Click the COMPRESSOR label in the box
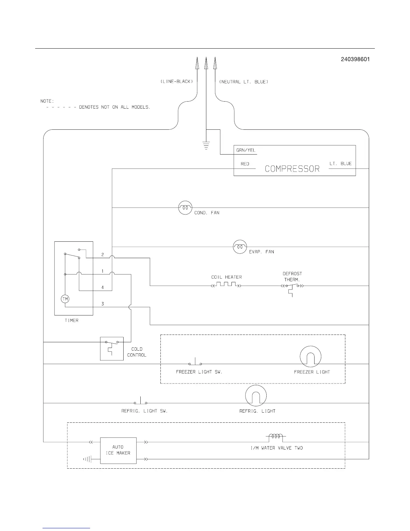click(x=292, y=169)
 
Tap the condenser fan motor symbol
click(x=185, y=208)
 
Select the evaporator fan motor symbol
click(x=240, y=247)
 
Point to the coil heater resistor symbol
click(x=226, y=285)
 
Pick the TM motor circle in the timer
click(x=65, y=299)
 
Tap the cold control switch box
click(x=112, y=349)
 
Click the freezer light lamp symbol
click(x=311, y=357)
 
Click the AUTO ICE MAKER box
click(x=118, y=450)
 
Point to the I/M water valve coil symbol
click(x=276, y=437)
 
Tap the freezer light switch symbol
click(x=195, y=363)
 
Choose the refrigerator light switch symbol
click(x=141, y=402)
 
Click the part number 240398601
click(x=355, y=59)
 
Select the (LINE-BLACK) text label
click(x=177, y=82)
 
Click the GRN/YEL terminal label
click(x=246, y=151)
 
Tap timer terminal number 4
click(x=102, y=287)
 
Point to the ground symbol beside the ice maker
click(x=87, y=459)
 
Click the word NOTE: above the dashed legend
click(x=47, y=101)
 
